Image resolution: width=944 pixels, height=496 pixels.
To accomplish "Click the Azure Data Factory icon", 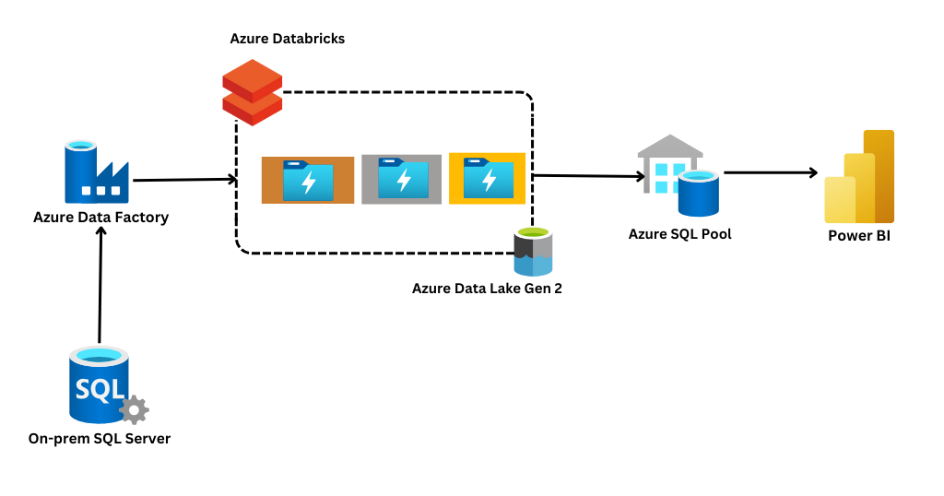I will (95, 172).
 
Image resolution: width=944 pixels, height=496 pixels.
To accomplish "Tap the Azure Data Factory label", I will (100, 218).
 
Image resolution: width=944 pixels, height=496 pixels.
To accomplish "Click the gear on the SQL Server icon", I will (135, 409).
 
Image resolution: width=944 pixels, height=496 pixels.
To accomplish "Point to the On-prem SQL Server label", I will (100, 439).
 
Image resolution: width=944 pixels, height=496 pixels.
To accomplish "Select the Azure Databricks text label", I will (288, 39).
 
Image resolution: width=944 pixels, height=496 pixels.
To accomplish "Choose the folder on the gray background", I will (402, 179).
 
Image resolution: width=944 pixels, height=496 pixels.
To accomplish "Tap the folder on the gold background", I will (487, 178).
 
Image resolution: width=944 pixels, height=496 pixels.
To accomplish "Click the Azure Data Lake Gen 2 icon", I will (533, 252).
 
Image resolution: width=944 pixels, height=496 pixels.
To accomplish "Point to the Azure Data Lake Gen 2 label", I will (487, 289).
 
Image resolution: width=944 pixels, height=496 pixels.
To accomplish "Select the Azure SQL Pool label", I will (680, 234).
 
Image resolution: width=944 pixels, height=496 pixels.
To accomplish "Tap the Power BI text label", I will (858, 237).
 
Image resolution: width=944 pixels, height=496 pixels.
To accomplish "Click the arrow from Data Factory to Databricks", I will (184, 180).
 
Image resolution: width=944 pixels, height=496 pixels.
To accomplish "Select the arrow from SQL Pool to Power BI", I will (771, 172).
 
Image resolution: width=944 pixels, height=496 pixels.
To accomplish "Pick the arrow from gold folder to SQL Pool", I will (586, 175).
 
